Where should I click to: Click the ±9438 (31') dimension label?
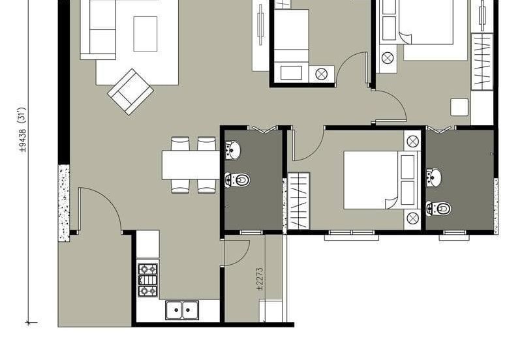click(23, 130)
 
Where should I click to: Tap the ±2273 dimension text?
click(260, 279)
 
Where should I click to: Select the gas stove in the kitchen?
click(147, 280)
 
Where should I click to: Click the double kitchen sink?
click(182, 310)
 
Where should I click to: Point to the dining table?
click(191, 165)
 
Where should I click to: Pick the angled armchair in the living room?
click(130, 92)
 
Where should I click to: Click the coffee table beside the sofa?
click(146, 34)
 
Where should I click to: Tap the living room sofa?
click(99, 30)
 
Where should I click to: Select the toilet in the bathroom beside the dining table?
click(238, 180)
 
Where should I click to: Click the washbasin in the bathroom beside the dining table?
click(233, 151)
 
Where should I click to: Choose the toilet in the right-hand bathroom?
click(438, 209)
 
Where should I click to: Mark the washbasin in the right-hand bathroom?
click(435, 177)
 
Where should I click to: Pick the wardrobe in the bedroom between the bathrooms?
click(299, 201)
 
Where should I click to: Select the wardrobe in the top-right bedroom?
click(482, 61)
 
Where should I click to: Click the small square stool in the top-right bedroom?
click(459, 107)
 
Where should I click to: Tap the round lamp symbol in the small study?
click(321, 74)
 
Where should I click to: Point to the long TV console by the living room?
click(260, 36)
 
